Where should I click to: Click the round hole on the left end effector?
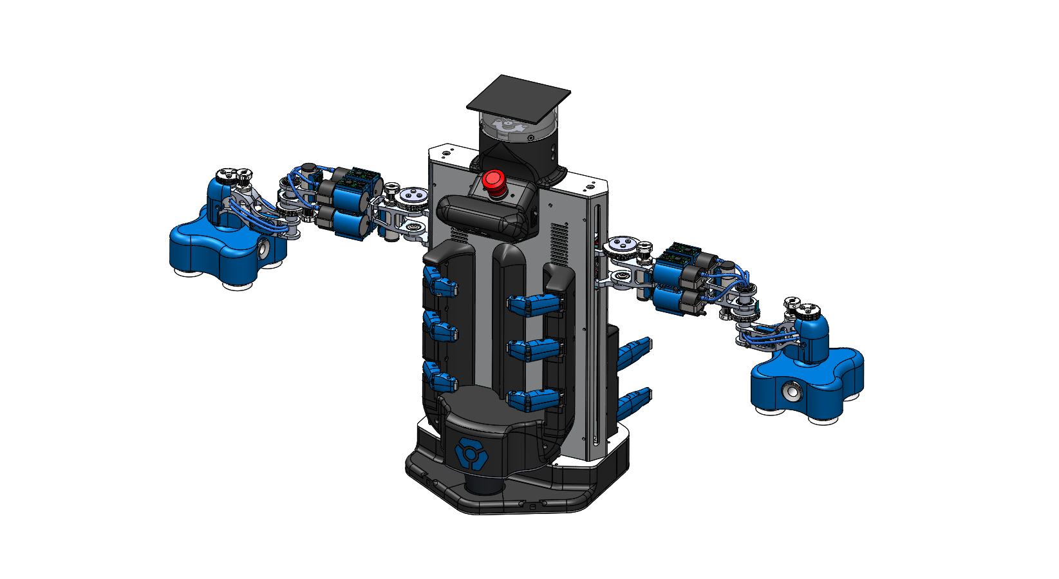point(265,248)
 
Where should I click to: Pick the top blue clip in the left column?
point(440,283)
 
